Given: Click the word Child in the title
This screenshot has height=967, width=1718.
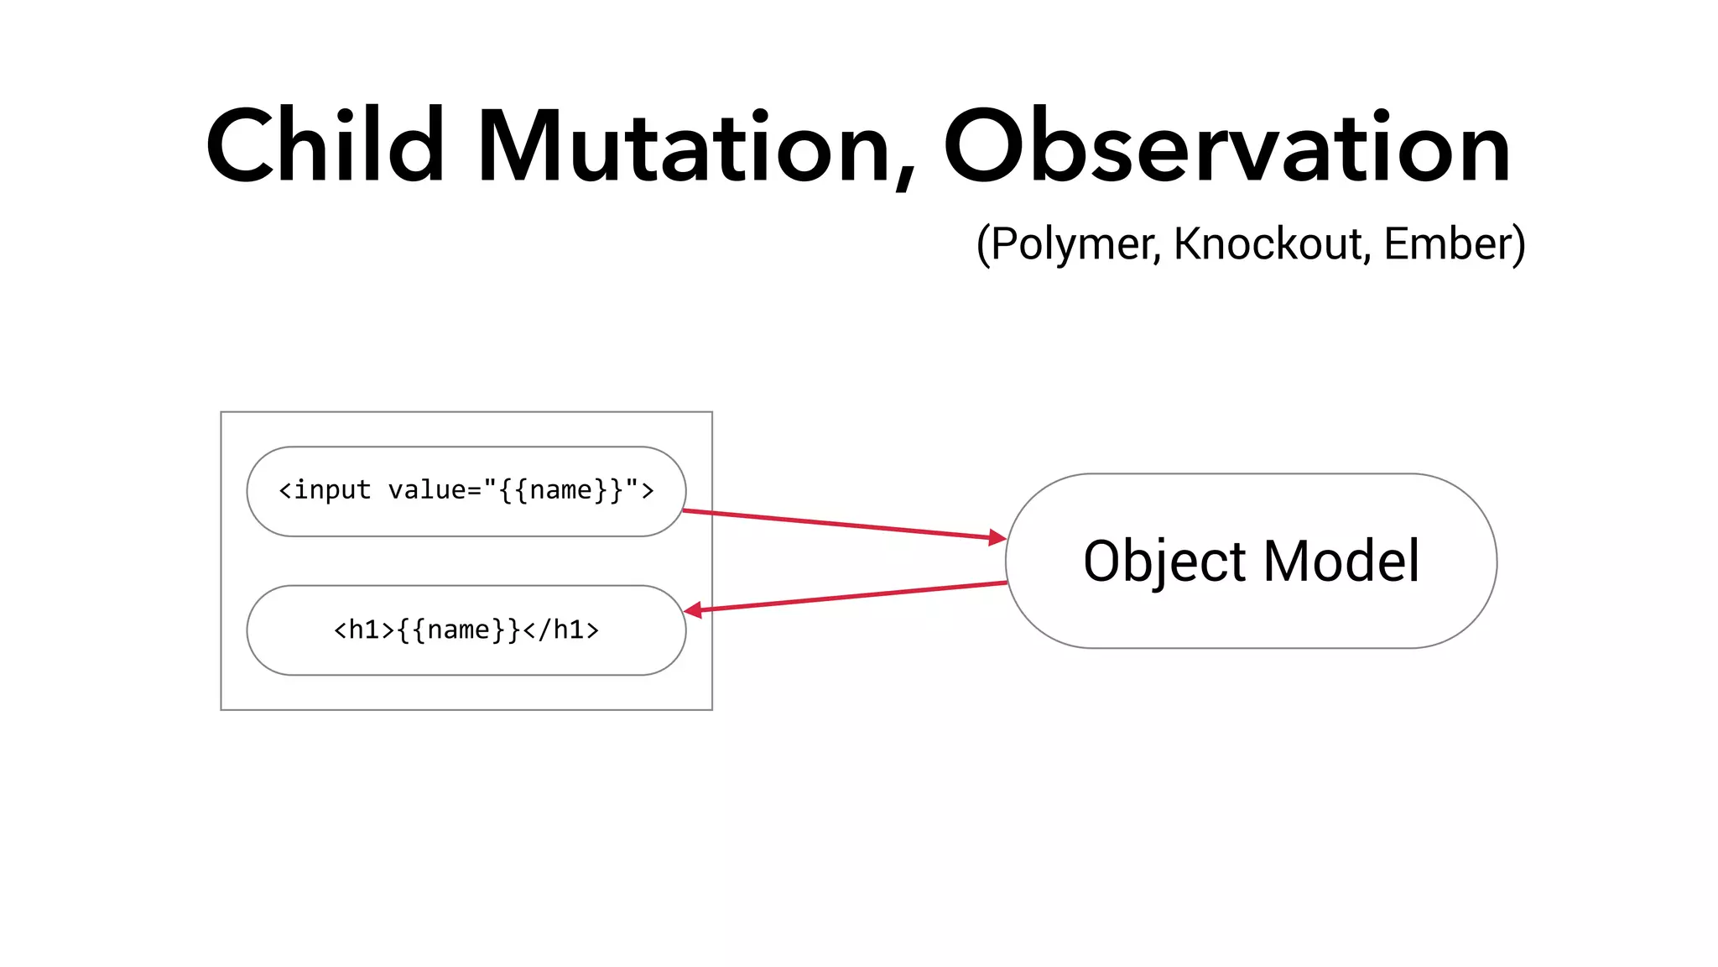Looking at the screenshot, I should point(325,146).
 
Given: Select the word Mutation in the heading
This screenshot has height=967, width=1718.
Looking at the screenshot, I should point(684,148).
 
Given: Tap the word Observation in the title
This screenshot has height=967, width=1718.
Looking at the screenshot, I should point(1226,148).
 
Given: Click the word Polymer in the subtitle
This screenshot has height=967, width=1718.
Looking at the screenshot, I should point(1075,245).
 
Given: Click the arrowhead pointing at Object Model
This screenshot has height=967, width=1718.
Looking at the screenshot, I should point(997,537).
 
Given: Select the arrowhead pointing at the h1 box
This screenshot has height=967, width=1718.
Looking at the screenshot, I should point(694,610).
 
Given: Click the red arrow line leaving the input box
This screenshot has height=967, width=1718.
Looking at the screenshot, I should point(839,524).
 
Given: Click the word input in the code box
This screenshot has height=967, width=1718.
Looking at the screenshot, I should point(332,490).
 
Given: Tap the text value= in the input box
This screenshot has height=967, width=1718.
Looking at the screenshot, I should point(435,490).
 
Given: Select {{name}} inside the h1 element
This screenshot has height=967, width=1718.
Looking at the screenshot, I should point(459,630).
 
